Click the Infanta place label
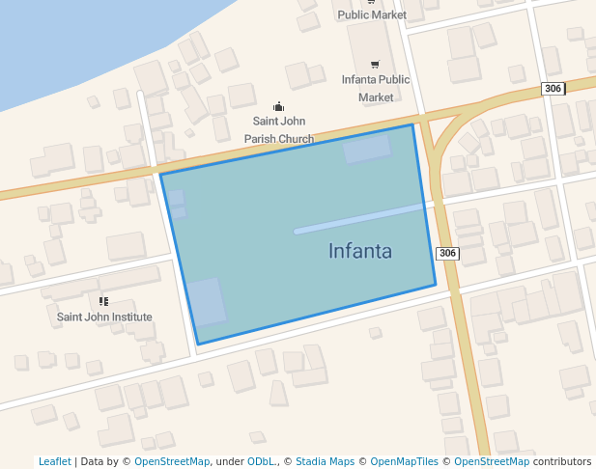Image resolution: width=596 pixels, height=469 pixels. coord(359,252)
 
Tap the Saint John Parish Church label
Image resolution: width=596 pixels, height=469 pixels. coord(278,130)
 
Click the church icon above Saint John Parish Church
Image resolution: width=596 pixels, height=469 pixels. coord(278,107)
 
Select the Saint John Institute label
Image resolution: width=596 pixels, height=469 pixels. coord(104,317)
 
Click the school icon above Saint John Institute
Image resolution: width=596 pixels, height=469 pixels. coord(103,301)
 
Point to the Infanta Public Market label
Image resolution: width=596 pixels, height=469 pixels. coord(376,88)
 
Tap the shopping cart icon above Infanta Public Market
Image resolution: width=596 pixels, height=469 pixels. coord(375,65)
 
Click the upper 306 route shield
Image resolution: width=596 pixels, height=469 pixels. coord(553,89)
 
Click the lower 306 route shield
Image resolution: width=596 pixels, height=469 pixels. coord(446,253)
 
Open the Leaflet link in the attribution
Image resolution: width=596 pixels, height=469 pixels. coord(54,462)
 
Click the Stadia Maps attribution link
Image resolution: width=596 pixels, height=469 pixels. coord(325,462)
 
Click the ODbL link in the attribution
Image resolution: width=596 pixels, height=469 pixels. coord(261,462)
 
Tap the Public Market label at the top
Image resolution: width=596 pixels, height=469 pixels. coord(372,14)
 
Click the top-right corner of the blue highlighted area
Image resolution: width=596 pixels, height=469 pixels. coord(413,124)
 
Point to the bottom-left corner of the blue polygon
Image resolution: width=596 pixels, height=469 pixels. coord(198,344)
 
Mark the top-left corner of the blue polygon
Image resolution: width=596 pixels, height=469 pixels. coord(160,175)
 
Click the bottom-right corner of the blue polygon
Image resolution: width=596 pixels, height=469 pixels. coord(436,286)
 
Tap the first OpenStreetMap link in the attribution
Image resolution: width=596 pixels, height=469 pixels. coord(172,462)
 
